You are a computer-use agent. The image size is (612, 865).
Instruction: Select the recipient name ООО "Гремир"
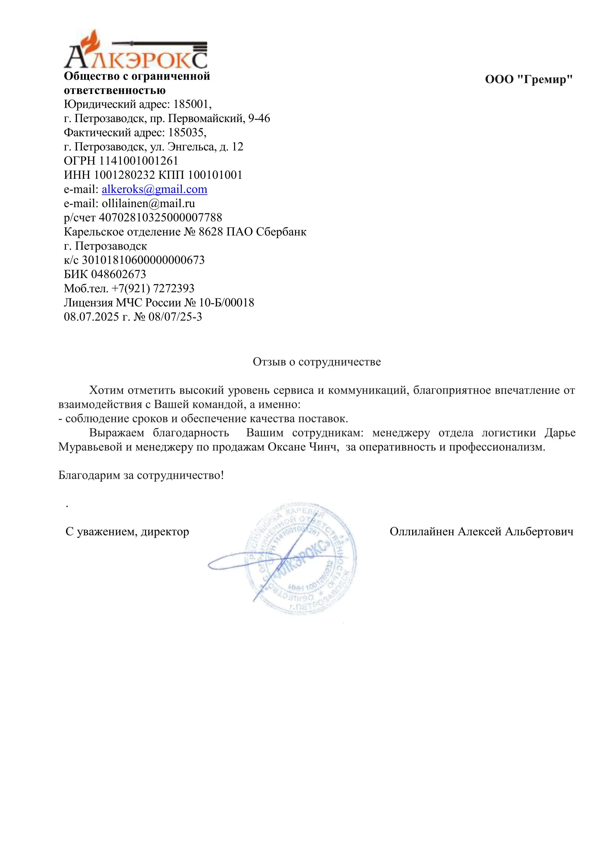point(529,79)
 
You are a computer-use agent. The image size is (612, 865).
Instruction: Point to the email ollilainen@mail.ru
point(148,203)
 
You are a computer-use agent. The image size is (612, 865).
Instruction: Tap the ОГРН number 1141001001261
point(138,161)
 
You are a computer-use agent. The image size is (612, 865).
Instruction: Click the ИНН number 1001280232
point(124,175)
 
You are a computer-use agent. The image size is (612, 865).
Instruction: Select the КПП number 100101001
point(215,175)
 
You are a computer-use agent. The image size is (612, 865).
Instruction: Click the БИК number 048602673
point(118,274)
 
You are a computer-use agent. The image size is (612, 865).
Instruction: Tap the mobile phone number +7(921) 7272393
point(153,288)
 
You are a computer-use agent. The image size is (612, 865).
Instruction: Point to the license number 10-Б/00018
point(226,303)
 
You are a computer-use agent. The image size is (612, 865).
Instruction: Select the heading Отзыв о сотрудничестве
point(316,362)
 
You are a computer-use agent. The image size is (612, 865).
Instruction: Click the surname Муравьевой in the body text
point(90,447)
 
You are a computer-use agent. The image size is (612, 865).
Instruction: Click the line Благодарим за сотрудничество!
point(141,475)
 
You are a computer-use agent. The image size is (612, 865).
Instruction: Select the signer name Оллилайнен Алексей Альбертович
point(481,532)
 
